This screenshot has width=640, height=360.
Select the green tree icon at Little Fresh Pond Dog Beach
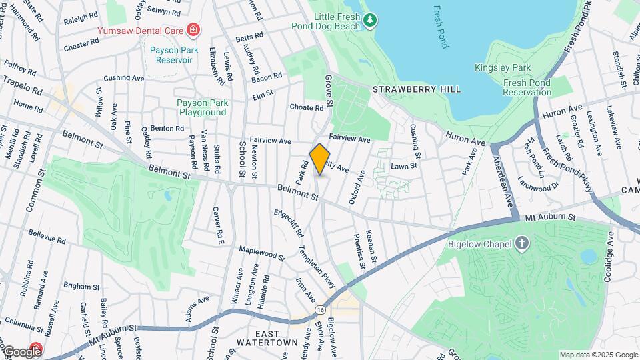pos(370,21)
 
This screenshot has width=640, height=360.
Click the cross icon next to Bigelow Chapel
pos(521,243)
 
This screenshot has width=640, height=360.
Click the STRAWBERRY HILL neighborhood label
pos(416,89)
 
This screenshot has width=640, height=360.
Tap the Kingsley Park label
pos(502,67)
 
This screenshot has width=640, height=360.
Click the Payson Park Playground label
pos(203,107)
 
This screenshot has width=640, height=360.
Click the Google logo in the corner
pos(21,351)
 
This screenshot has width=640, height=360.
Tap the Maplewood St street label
pos(261,253)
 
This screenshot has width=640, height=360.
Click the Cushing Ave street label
pos(124,78)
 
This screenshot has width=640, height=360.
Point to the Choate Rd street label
pos(306,107)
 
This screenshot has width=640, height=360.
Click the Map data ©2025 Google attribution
pos(597,355)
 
